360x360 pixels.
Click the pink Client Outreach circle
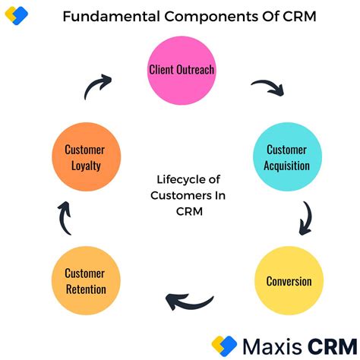(x=182, y=71)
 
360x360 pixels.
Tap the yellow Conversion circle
(x=289, y=281)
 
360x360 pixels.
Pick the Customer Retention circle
(x=84, y=281)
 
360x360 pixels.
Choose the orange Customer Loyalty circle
(x=84, y=158)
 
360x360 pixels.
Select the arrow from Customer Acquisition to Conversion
(x=307, y=217)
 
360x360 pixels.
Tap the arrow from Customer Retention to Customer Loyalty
(x=64, y=219)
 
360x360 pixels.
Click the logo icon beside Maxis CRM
(x=226, y=346)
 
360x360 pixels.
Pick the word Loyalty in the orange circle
(x=84, y=166)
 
